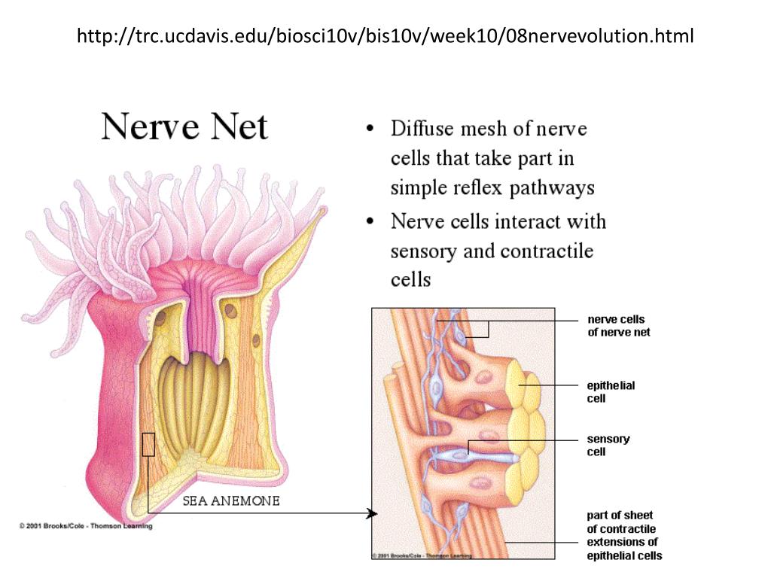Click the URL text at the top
pos(385,35)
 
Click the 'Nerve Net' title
pos(184,126)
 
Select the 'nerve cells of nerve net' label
pos(618,326)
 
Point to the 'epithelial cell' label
pos(611,391)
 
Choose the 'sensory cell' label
pos(608,446)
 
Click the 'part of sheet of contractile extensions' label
pos(624,535)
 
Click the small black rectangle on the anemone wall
pos(148,444)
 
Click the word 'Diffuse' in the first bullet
pos(422,129)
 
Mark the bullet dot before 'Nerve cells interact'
pos(370,222)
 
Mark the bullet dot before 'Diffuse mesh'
pos(370,129)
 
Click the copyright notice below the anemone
pos(86,526)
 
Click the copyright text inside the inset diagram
pos(422,555)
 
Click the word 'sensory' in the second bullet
pos(423,251)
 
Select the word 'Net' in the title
pos(239,126)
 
